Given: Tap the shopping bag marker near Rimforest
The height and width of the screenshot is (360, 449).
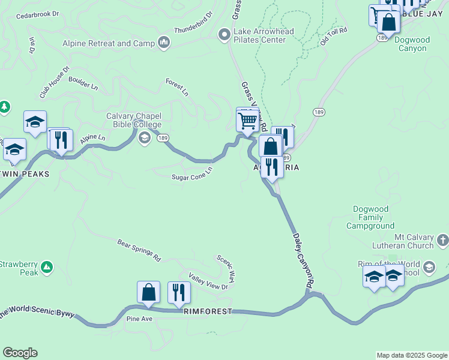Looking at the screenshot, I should point(148,292).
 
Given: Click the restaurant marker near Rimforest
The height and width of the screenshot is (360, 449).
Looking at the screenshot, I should point(179,293).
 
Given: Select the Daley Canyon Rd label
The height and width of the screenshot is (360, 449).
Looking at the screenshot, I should point(304,259).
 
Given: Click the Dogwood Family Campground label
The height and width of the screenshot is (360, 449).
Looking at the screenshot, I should point(371,218).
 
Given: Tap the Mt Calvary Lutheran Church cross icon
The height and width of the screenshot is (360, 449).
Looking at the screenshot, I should point(442,241).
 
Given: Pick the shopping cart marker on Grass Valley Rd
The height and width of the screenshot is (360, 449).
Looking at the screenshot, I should point(247,121).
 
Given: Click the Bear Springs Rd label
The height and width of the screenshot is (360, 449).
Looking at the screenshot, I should point(139,251).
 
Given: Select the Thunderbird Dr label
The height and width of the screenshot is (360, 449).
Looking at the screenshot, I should point(193,22).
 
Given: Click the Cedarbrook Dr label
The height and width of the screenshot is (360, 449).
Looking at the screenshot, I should point(38,12).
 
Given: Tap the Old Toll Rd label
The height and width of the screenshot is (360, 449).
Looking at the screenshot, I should point(334,36).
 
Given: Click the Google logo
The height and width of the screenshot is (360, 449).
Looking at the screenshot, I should point(20,353).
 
